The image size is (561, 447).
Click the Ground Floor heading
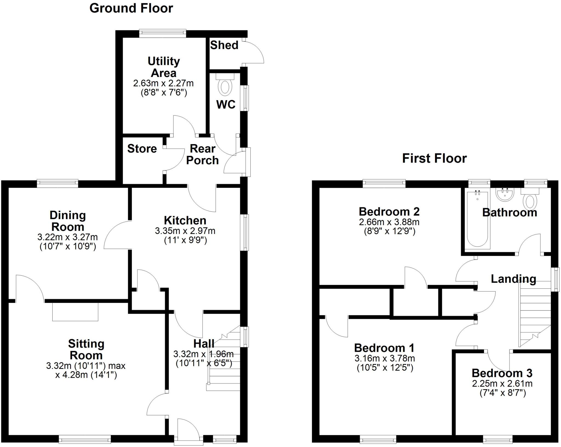[131, 8]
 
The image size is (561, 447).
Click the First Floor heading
[434, 159]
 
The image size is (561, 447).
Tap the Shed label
[224, 45]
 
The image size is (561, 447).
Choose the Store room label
[142, 149]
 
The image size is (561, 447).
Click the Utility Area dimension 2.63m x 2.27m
[164, 83]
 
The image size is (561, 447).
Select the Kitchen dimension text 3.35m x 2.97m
[185, 231]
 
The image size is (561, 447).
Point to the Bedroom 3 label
[502, 373]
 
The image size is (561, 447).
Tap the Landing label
[513, 279]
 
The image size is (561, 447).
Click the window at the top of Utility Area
[162, 34]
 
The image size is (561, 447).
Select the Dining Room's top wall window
[58, 183]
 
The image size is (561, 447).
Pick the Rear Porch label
[202, 154]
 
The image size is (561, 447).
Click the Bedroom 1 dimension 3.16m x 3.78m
[385, 358]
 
